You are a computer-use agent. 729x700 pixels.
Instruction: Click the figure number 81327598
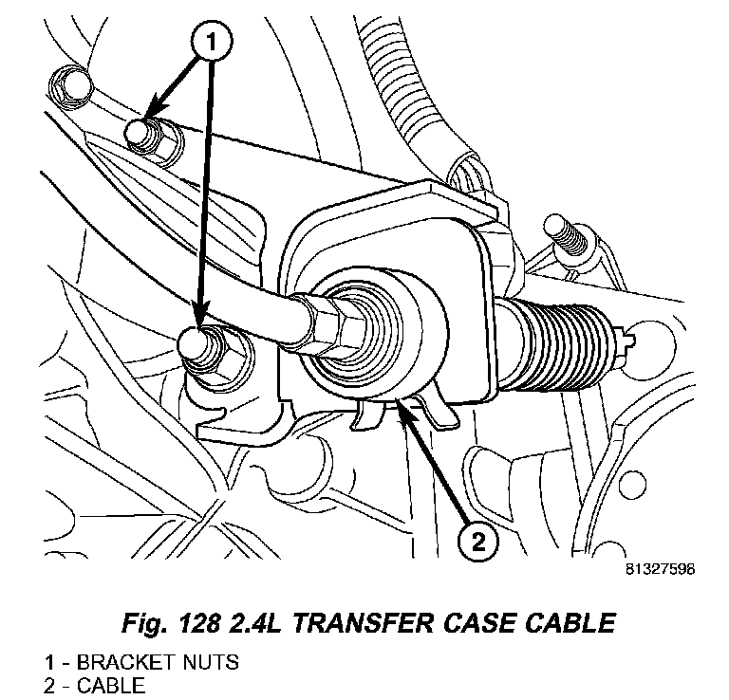click(661, 570)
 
